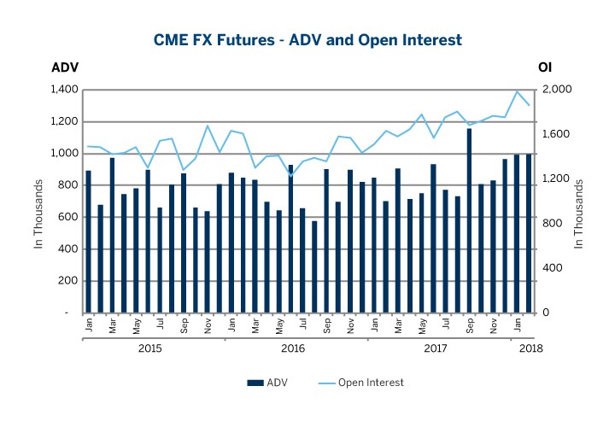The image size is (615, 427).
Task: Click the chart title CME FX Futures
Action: click(x=307, y=39)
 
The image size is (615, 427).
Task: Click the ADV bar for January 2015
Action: click(x=88, y=242)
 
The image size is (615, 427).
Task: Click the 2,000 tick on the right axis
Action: click(x=552, y=90)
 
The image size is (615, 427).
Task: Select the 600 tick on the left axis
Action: click(x=68, y=217)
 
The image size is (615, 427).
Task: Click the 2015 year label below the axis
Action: click(x=150, y=348)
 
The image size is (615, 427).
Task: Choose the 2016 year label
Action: click(x=293, y=348)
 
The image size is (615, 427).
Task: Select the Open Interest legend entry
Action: click(x=364, y=383)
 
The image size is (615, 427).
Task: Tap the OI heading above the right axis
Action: click(x=545, y=67)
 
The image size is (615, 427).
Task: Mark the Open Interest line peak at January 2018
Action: click(x=517, y=91)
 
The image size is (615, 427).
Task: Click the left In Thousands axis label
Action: click(x=38, y=214)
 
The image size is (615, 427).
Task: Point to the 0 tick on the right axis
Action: click(x=543, y=313)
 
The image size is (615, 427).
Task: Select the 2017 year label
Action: click(x=436, y=348)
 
